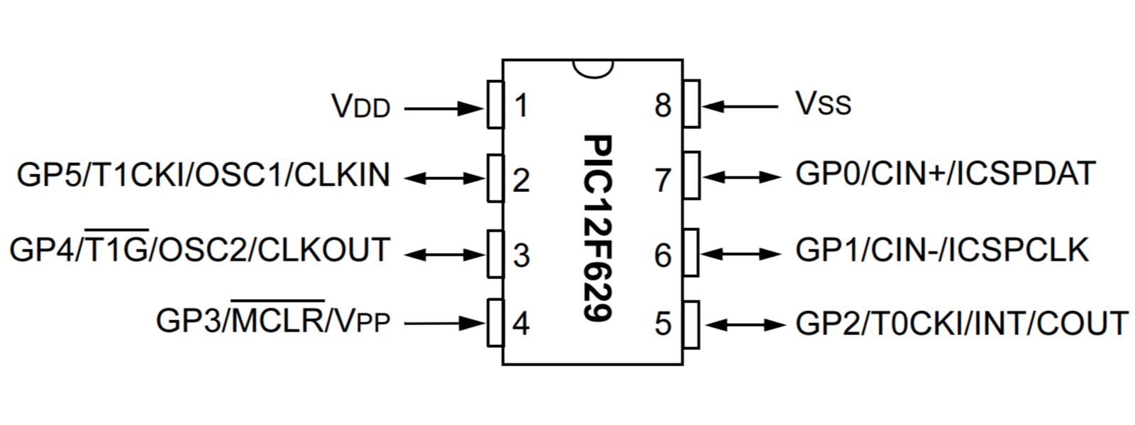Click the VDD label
tap(361, 106)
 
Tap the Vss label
tap(824, 103)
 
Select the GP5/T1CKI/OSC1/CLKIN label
tap(204, 174)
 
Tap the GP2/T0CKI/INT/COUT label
tap(962, 322)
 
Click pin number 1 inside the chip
tap(521, 106)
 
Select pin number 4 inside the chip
tap(521, 324)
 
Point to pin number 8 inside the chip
tap(663, 106)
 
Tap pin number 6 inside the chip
tap(663, 255)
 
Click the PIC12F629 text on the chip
tap(597, 227)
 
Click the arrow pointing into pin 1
tap(444, 108)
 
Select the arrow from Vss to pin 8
tap(739, 107)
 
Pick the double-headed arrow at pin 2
tap(444, 178)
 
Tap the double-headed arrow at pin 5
tap(742, 324)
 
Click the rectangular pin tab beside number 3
tap(496, 254)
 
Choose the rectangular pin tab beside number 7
tap(692, 176)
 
